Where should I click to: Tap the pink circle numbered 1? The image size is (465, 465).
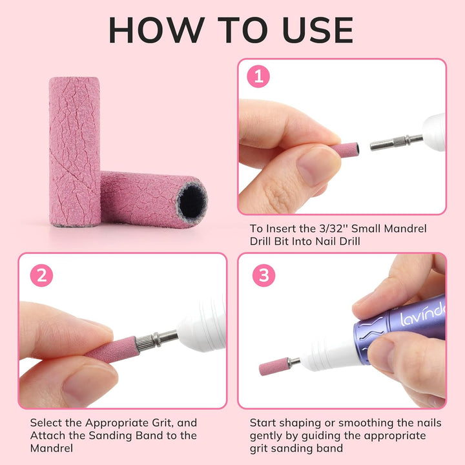tap(259, 79)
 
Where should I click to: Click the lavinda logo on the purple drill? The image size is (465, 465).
tap(422, 315)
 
